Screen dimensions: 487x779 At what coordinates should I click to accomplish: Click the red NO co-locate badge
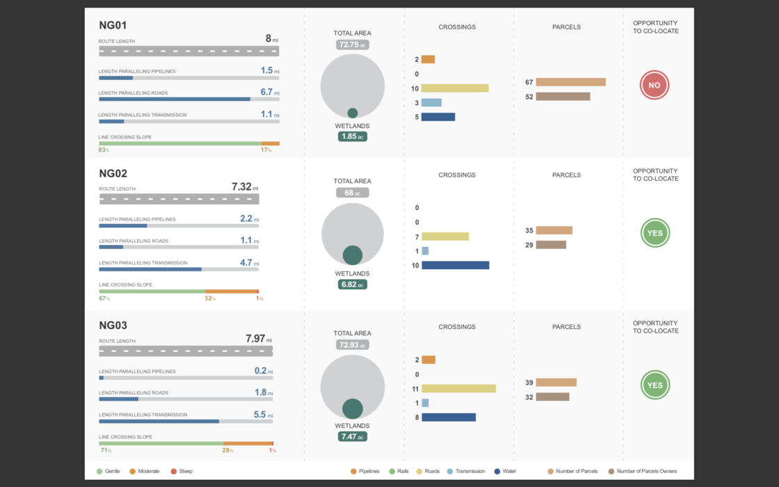(654, 86)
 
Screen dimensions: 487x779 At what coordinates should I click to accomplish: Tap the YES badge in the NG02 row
(654, 233)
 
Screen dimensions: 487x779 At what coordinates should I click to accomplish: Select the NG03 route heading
(113, 325)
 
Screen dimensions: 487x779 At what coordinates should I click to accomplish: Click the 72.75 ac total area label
(352, 45)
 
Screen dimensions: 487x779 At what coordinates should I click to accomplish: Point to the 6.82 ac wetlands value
(352, 285)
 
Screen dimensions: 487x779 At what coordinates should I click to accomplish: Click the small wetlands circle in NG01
(353, 113)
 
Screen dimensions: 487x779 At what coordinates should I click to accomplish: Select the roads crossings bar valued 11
(458, 388)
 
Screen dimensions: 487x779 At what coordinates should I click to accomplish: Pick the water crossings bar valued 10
(455, 265)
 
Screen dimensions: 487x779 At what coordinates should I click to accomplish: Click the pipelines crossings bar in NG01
(428, 59)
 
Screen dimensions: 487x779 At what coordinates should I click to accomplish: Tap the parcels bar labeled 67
(570, 82)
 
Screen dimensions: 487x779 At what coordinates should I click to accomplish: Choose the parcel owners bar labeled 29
(551, 245)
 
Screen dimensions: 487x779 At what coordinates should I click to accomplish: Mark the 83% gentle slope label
(104, 150)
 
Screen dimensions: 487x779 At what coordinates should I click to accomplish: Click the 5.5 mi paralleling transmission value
(262, 415)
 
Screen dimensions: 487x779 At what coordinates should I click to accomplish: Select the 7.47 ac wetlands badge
(352, 437)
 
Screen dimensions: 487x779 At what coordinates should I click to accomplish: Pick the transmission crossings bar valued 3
(431, 102)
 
